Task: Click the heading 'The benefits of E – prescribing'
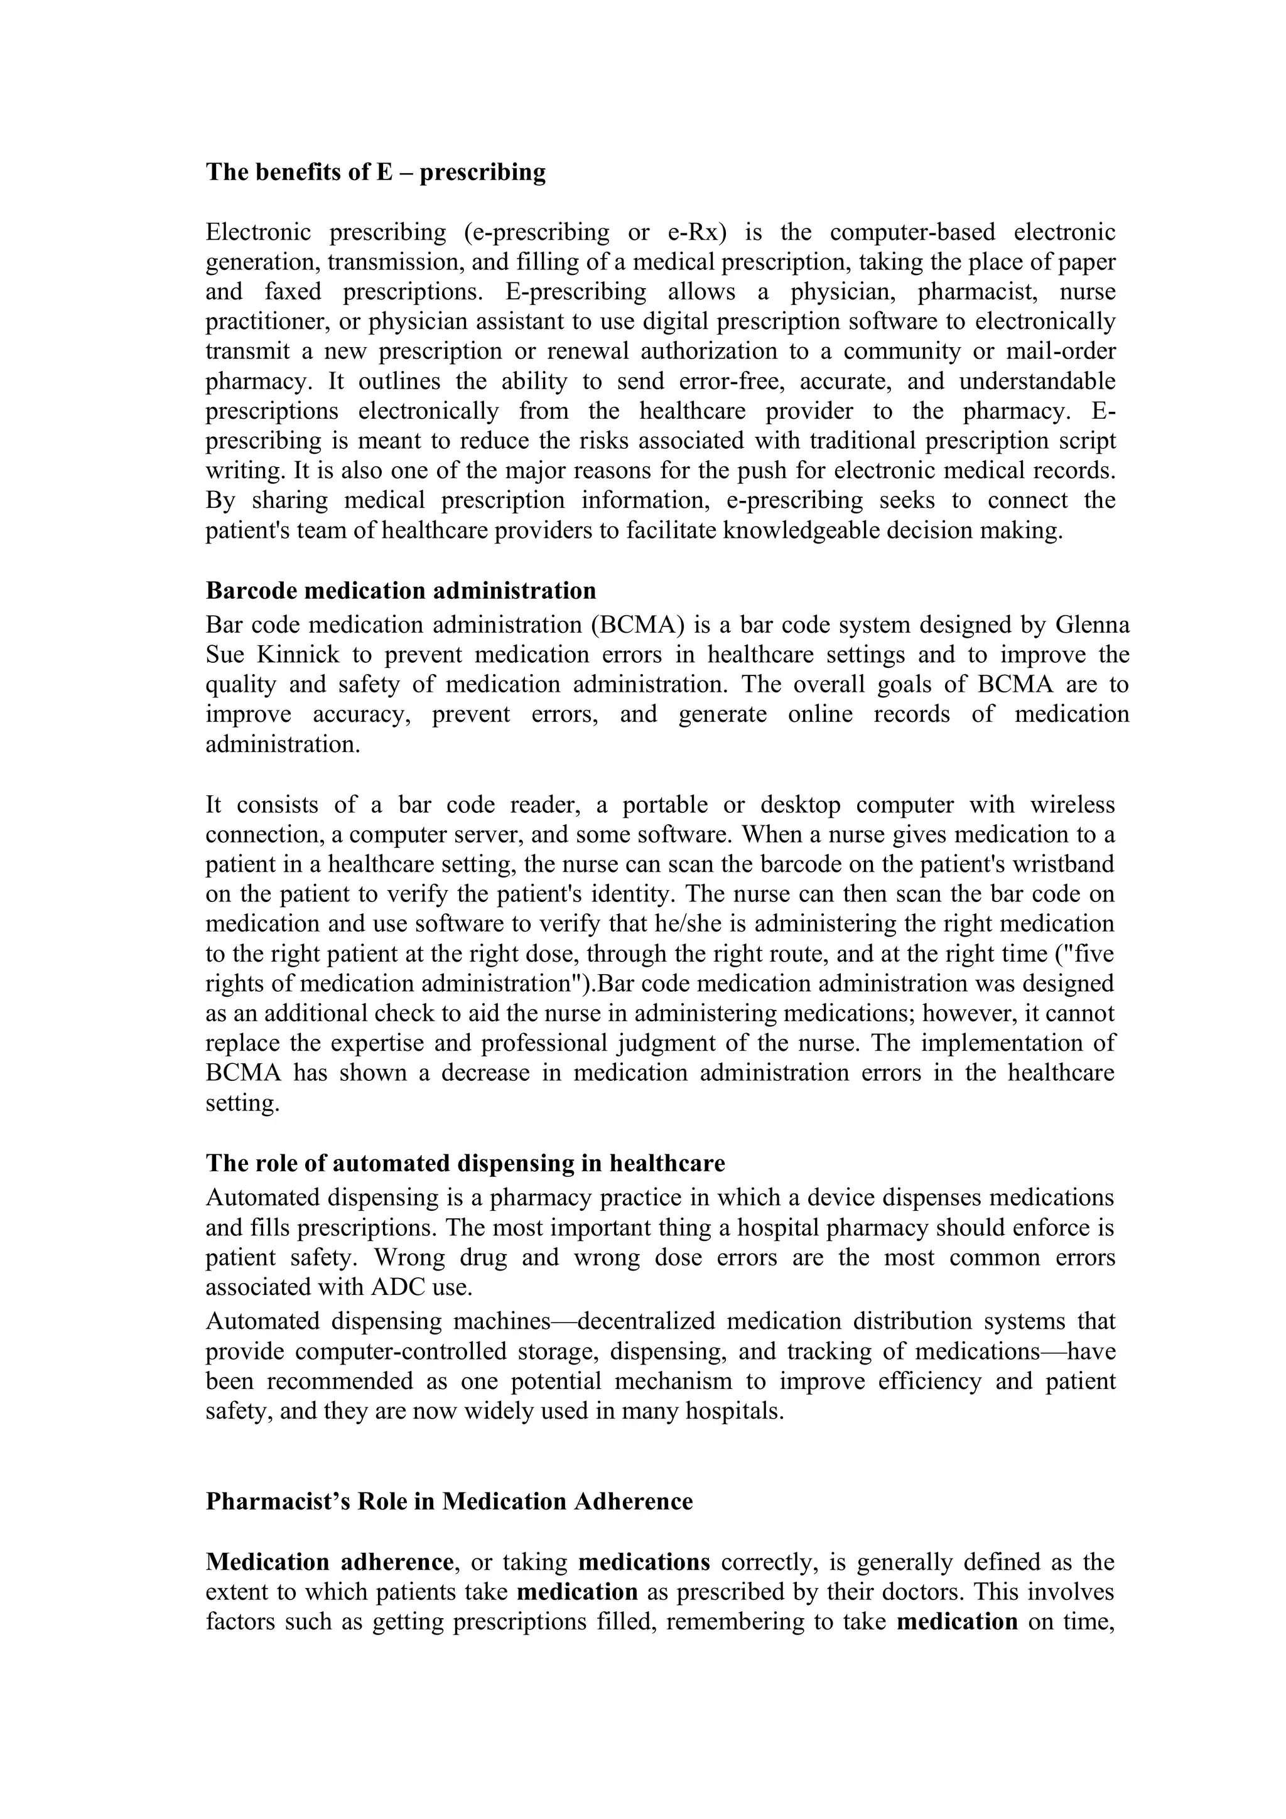click(376, 172)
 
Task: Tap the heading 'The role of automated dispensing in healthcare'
click(465, 1163)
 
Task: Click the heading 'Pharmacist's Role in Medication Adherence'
click(449, 1501)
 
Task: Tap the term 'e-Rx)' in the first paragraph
click(697, 232)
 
